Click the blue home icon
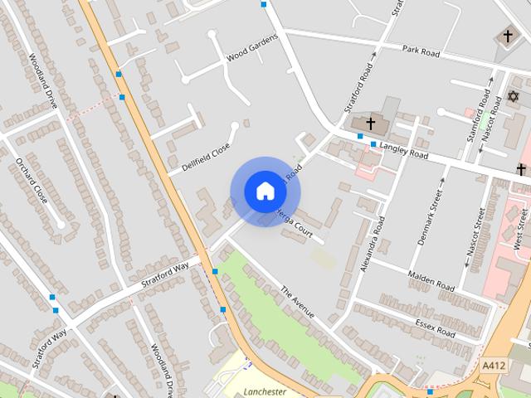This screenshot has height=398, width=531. [265, 191]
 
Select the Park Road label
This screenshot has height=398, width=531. [421, 51]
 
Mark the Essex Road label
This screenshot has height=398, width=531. [435, 328]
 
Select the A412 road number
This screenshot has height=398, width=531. [493, 364]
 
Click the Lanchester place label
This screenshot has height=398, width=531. [265, 391]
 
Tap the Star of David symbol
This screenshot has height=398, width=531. [513, 98]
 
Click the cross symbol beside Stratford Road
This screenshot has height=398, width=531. [370, 124]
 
